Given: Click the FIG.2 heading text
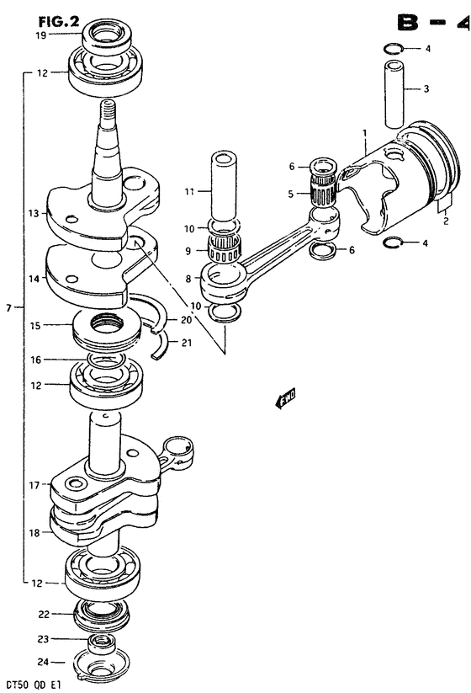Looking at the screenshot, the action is point(58,21).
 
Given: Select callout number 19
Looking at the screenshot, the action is point(40,35).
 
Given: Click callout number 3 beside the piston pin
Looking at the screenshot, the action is point(426,88).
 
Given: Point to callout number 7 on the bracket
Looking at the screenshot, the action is point(8,308).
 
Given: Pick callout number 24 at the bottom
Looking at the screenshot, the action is point(44,662).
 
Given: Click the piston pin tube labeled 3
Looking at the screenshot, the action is point(394,94).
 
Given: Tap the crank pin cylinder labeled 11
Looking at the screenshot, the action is point(225,185).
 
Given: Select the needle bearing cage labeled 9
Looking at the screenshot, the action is point(225,250).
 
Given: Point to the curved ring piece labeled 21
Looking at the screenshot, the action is point(161,344).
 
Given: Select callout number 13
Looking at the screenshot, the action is point(34,214).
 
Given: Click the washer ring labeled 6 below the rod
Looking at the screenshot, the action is point(325,250).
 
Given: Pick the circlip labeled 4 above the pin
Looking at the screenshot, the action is point(392,49).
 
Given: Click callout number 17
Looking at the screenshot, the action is point(34,485).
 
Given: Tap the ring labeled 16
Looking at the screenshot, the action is point(106,360).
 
